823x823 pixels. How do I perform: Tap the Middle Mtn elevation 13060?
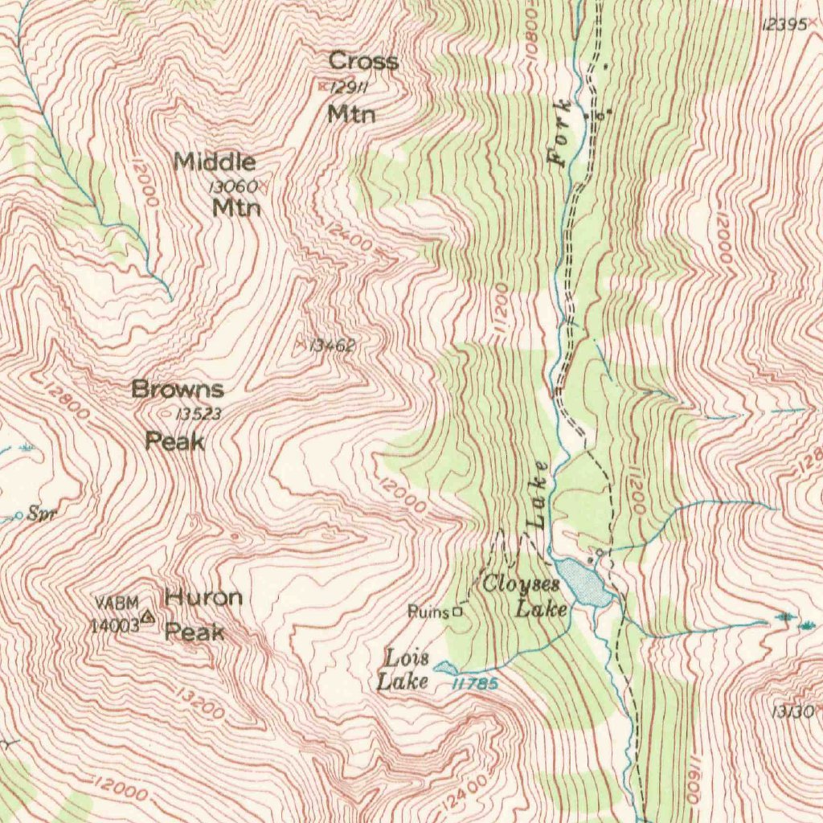pyautogui.click(x=233, y=186)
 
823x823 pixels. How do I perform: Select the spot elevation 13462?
pyautogui.click(x=332, y=346)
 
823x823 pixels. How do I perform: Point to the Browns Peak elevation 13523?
pyautogui.click(x=198, y=415)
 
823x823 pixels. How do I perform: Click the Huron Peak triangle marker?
pyautogui.click(x=147, y=617)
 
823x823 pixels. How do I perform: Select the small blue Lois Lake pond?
pyautogui.click(x=444, y=667)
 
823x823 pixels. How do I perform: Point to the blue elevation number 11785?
pyautogui.click(x=474, y=683)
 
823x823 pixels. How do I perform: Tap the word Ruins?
pyautogui.click(x=428, y=612)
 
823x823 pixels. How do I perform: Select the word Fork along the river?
pyautogui.click(x=561, y=132)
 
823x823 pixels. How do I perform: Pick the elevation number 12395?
pyautogui.click(x=781, y=25)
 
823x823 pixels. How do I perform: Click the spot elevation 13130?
pyautogui.click(x=792, y=711)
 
